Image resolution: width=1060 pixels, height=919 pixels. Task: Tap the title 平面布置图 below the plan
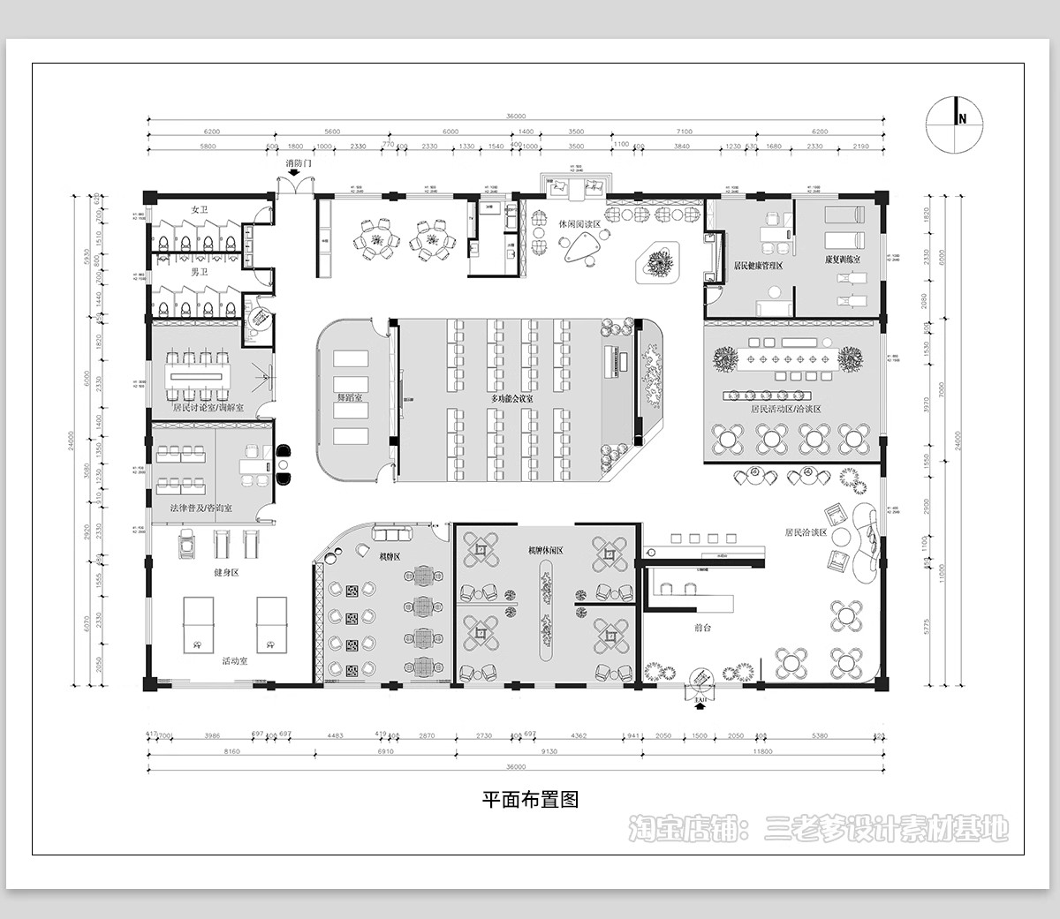tap(529, 800)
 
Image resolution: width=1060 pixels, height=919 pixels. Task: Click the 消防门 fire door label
tap(299, 164)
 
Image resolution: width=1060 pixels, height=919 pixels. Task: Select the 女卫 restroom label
tap(199, 210)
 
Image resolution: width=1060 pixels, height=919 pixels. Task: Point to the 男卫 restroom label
tap(199, 273)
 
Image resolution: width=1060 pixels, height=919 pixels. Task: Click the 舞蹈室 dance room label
tap(352, 399)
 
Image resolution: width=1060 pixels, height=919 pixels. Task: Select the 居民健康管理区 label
tap(758, 265)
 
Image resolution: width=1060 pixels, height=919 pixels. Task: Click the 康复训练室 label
tap(843, 260)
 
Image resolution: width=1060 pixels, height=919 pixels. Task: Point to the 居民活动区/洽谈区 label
tap(785, 410)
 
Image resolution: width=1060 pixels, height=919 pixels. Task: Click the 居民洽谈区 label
tap(805, 533)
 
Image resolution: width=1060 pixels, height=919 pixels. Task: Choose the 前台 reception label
tap(703, 628)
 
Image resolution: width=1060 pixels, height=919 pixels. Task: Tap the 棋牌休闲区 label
tap(545, 550)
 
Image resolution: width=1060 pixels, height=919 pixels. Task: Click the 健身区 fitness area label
tap(226, 572)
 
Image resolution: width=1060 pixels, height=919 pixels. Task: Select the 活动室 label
tap(234, 660)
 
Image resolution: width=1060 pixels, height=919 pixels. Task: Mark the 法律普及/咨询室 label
tap(201, 509)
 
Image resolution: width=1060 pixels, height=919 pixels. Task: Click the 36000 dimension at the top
tap(516, 117)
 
